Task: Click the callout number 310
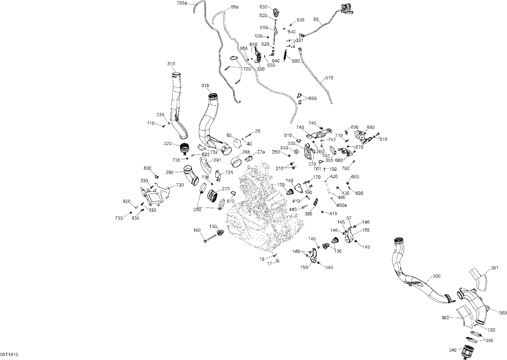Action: pos(171,64)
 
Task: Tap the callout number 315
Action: pos(205,85)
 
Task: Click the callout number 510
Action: pos(329,78)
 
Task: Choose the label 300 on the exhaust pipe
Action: pos(437,276)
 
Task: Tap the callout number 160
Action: pos(197,230)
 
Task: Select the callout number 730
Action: pos(180,185)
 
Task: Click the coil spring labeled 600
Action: pos(286,55)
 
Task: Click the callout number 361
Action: pos(495,268)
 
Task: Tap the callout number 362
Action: pos(445,317)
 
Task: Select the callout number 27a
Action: pos(261,152)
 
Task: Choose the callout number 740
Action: pos(300,127)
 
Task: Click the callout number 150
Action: pos(304,267)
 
